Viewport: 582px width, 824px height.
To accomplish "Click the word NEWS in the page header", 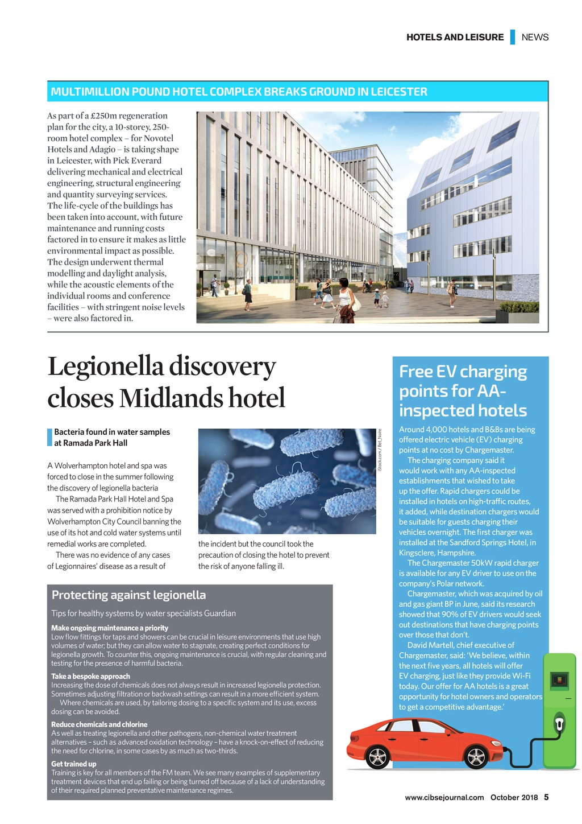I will tap(535, 38).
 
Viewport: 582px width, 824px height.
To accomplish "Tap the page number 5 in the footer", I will tap(546, 797).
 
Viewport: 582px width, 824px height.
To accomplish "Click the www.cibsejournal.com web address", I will tap(444, 797).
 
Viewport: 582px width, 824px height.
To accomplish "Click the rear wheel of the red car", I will tap(377, 757).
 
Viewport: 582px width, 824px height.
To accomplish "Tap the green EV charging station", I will tap(559, 711).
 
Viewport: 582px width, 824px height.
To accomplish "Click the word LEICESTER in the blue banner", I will tap(398, 92).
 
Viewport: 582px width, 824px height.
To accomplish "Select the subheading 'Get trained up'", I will tap(74, 764).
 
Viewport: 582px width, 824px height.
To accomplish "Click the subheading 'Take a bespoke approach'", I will tap(90, 677).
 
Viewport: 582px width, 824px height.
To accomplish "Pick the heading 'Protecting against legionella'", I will tap(128, 595).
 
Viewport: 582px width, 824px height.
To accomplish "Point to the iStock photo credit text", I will tap(380, 450).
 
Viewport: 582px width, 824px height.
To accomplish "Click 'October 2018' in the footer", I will tap(514, 797).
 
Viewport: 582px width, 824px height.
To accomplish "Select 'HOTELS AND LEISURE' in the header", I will tap(455, 38).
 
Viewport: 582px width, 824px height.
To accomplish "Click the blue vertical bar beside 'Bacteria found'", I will tap(49, 438).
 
